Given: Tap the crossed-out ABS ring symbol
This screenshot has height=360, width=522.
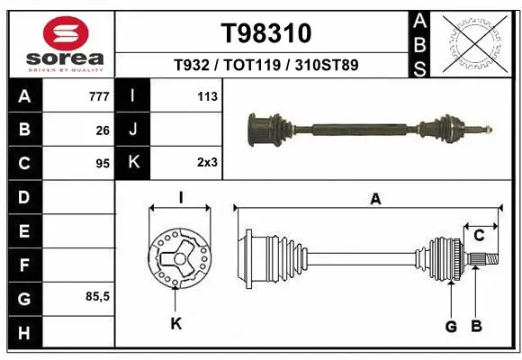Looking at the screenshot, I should [x=474, y=43].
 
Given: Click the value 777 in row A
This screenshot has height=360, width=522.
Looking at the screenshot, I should [x=100, y=96].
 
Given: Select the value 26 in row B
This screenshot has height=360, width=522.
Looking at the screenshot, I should [x=103, y=130].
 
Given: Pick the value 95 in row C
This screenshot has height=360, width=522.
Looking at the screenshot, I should [x=103, y=164].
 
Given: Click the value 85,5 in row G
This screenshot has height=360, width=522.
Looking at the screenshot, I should [x=97, y=296].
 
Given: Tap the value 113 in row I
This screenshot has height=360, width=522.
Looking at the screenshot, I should [x=208, y=96].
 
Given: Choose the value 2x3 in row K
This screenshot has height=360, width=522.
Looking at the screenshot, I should [x=207, y=163].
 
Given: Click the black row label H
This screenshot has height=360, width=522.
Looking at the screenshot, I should [x=23, y=334].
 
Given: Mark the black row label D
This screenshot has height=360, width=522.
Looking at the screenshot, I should [x=23, y=196].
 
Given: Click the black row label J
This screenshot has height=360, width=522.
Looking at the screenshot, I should [x=133, y=130].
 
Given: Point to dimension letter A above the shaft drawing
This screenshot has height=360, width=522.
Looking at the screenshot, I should [x=374, y=199].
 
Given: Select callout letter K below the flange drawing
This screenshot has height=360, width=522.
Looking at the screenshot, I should [x=176, y=324].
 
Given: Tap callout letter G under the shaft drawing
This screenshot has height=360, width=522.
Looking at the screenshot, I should [x=451, y=326].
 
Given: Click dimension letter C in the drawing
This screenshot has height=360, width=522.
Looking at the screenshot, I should [x=480, y=235].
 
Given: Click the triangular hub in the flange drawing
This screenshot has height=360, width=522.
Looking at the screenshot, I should [x=177, y=261].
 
